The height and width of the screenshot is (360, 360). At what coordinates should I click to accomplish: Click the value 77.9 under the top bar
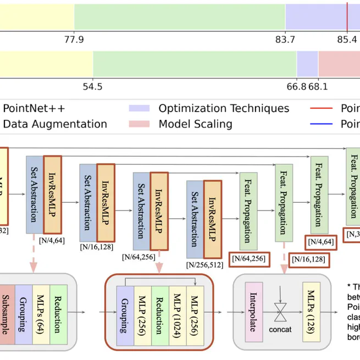(x=74, y=39)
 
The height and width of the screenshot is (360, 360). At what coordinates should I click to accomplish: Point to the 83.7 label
(x=285, y=39)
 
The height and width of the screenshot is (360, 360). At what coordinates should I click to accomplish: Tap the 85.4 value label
(x=346, y=39)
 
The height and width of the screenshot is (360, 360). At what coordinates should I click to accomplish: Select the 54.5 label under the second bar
(x=92, y=86)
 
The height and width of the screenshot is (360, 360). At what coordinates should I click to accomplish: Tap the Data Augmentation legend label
(x=55, y=124)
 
